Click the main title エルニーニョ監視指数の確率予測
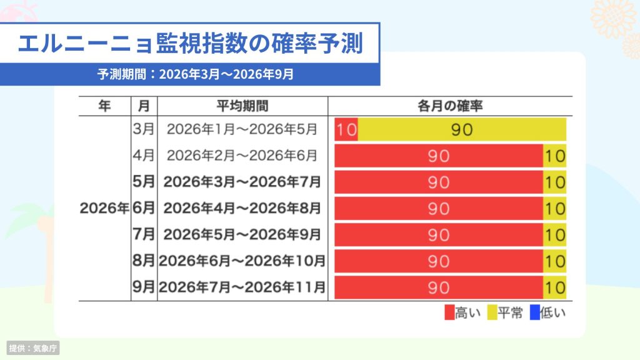pos(190,44)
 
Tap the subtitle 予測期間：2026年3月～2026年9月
pos(196,74)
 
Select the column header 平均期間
pos(242,106)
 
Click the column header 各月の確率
pos(450,106)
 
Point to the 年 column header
pos(104,106)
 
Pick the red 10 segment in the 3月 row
pos(346,129)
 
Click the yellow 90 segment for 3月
pos(462,129)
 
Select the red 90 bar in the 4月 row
pos(439,156)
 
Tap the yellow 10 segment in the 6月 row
pos(555,208)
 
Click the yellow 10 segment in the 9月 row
pos(555,287)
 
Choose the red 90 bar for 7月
pos(439,235)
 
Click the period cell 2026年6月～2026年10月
pos(242,261)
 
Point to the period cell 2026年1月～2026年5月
pos(242,129)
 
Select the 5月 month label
pos(144,182)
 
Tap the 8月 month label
pos(144,261)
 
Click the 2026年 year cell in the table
pos(104,208)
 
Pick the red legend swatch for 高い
pos(449,312)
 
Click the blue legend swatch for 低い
pos(535,312)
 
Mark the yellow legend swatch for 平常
pos(492,312)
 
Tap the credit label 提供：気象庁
pos(33,348)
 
